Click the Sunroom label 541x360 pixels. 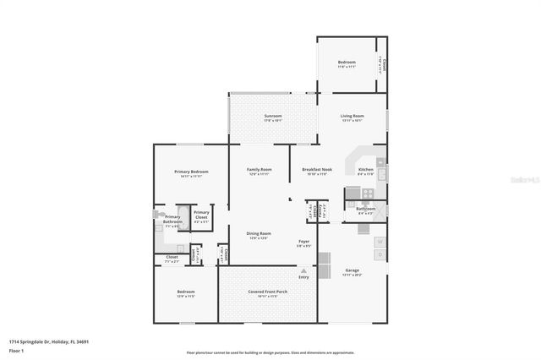(x=272, y=116)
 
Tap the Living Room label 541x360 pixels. (x=352, y=116)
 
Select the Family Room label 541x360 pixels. (x=259, y=169)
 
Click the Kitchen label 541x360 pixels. (x=365, y=169)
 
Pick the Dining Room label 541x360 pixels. (x=259, y=233)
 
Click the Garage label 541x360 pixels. (x=352, y=270)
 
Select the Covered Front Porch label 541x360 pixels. (x=267, y=292)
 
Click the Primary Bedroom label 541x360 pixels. (x=191, y=172)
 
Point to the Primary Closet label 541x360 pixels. (x=201, y=215)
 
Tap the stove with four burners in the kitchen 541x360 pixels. (x=366, y=193)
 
